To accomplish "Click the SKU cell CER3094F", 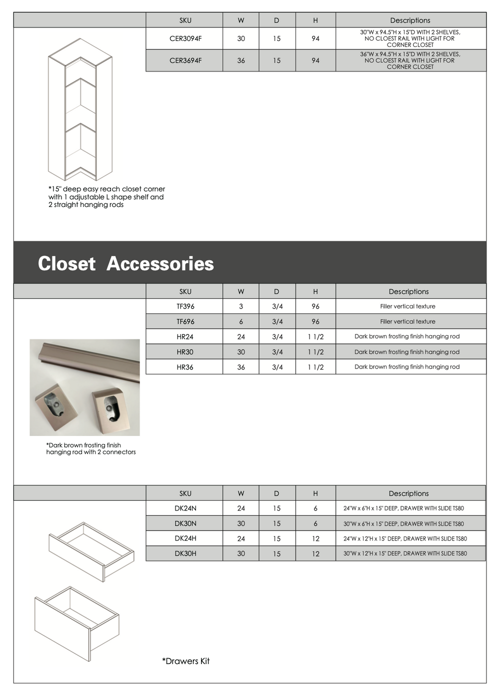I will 185,38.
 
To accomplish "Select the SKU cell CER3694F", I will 185,60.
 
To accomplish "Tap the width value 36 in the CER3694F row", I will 241,60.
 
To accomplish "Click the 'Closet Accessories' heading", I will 126,263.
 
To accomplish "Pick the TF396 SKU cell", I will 185,306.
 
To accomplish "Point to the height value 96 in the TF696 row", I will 315,321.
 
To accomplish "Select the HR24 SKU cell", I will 185,337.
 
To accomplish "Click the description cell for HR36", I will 407,367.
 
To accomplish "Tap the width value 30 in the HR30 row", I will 241,352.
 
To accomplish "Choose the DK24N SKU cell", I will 185,508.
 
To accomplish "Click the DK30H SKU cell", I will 185,553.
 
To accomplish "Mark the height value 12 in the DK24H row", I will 315,538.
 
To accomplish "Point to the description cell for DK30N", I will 403,523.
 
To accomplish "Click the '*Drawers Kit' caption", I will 186,661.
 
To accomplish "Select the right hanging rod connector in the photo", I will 110,405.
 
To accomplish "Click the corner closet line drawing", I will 80,110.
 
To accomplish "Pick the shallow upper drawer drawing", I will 91,551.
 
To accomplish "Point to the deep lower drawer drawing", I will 76,622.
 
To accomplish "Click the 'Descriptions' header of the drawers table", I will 408,493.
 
